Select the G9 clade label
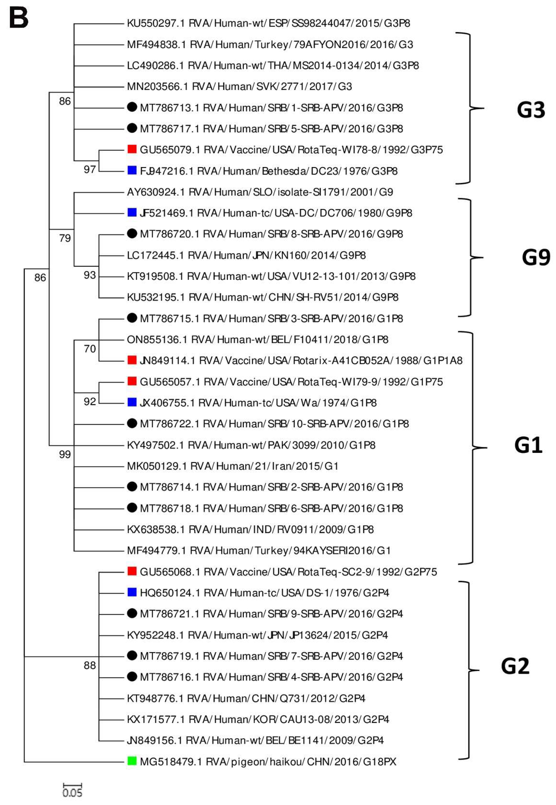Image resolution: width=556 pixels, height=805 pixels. [x=536, y=258]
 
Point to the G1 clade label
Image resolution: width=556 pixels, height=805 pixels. [x=528, y=445]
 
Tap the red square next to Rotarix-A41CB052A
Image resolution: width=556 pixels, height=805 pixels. [x=132, y=360]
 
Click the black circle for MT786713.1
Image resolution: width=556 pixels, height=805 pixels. [x=132, y=107]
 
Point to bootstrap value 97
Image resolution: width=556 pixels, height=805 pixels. [x=90, y=169]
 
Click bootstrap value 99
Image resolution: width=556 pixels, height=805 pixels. [x=65, y=454]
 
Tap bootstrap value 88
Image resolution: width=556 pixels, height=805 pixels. [x=90, y=665]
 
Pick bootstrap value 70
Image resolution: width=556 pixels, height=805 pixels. [x=90, y=349]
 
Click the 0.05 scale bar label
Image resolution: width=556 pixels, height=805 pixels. [x=72, y=793]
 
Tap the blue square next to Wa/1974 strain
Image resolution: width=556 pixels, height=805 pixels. [x=132, y=402]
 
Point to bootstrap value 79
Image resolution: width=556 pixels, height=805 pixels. [x=65, y=238]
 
